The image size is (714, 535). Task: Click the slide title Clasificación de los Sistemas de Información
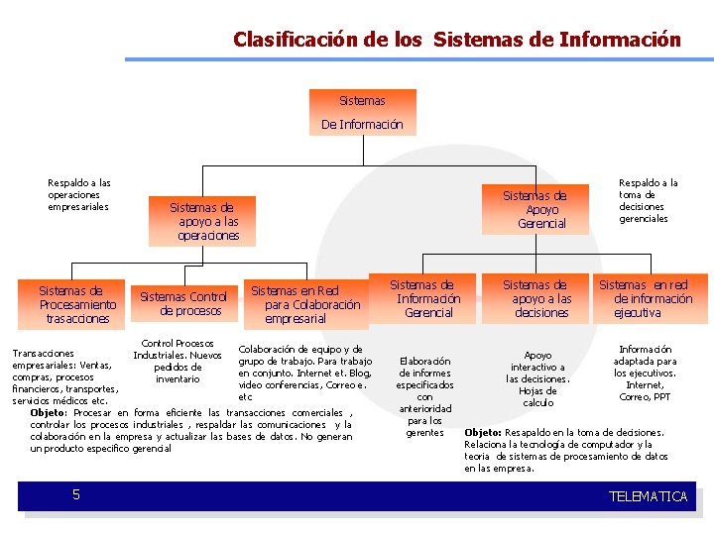pos(457,40)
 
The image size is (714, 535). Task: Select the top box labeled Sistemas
pos(362,101)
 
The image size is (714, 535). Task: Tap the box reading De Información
pos(362,125)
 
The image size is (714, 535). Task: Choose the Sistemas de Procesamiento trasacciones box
pos(76,304)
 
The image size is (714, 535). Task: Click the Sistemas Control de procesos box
pos(183,303)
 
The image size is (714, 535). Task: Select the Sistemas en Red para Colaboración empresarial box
pos(305,304)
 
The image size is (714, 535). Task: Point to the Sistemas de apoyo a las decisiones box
pos(541,298)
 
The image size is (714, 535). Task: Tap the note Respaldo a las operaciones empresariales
pos(79,194)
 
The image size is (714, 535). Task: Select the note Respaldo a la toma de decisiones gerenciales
pos(648,200)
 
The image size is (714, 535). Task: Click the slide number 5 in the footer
pos(75,494)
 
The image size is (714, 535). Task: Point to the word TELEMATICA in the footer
pos(648,496)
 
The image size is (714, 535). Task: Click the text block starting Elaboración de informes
pos(425,396)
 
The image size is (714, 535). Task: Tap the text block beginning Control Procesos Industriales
pos(178,361)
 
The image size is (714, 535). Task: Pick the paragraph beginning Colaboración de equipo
pos(304,373)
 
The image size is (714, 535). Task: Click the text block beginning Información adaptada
pos(645,373)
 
